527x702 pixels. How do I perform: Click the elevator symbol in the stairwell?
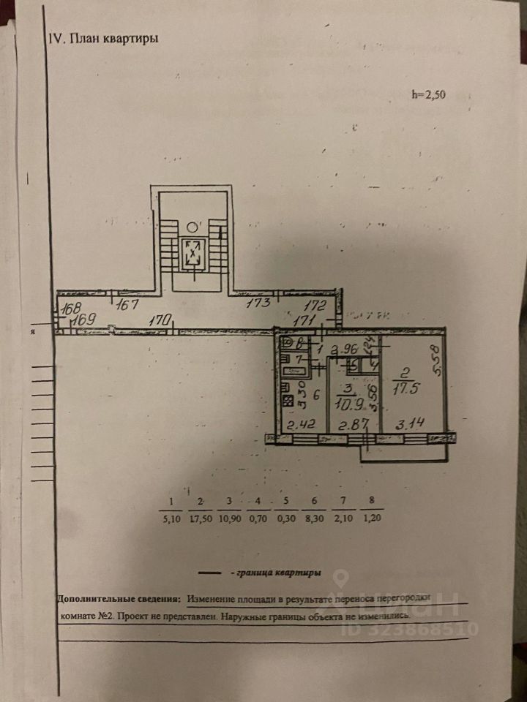(193, 253)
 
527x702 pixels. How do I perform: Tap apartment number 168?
(71, 308)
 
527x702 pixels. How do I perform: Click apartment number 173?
(258, 303)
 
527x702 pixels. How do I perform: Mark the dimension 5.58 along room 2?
(436, 360)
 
